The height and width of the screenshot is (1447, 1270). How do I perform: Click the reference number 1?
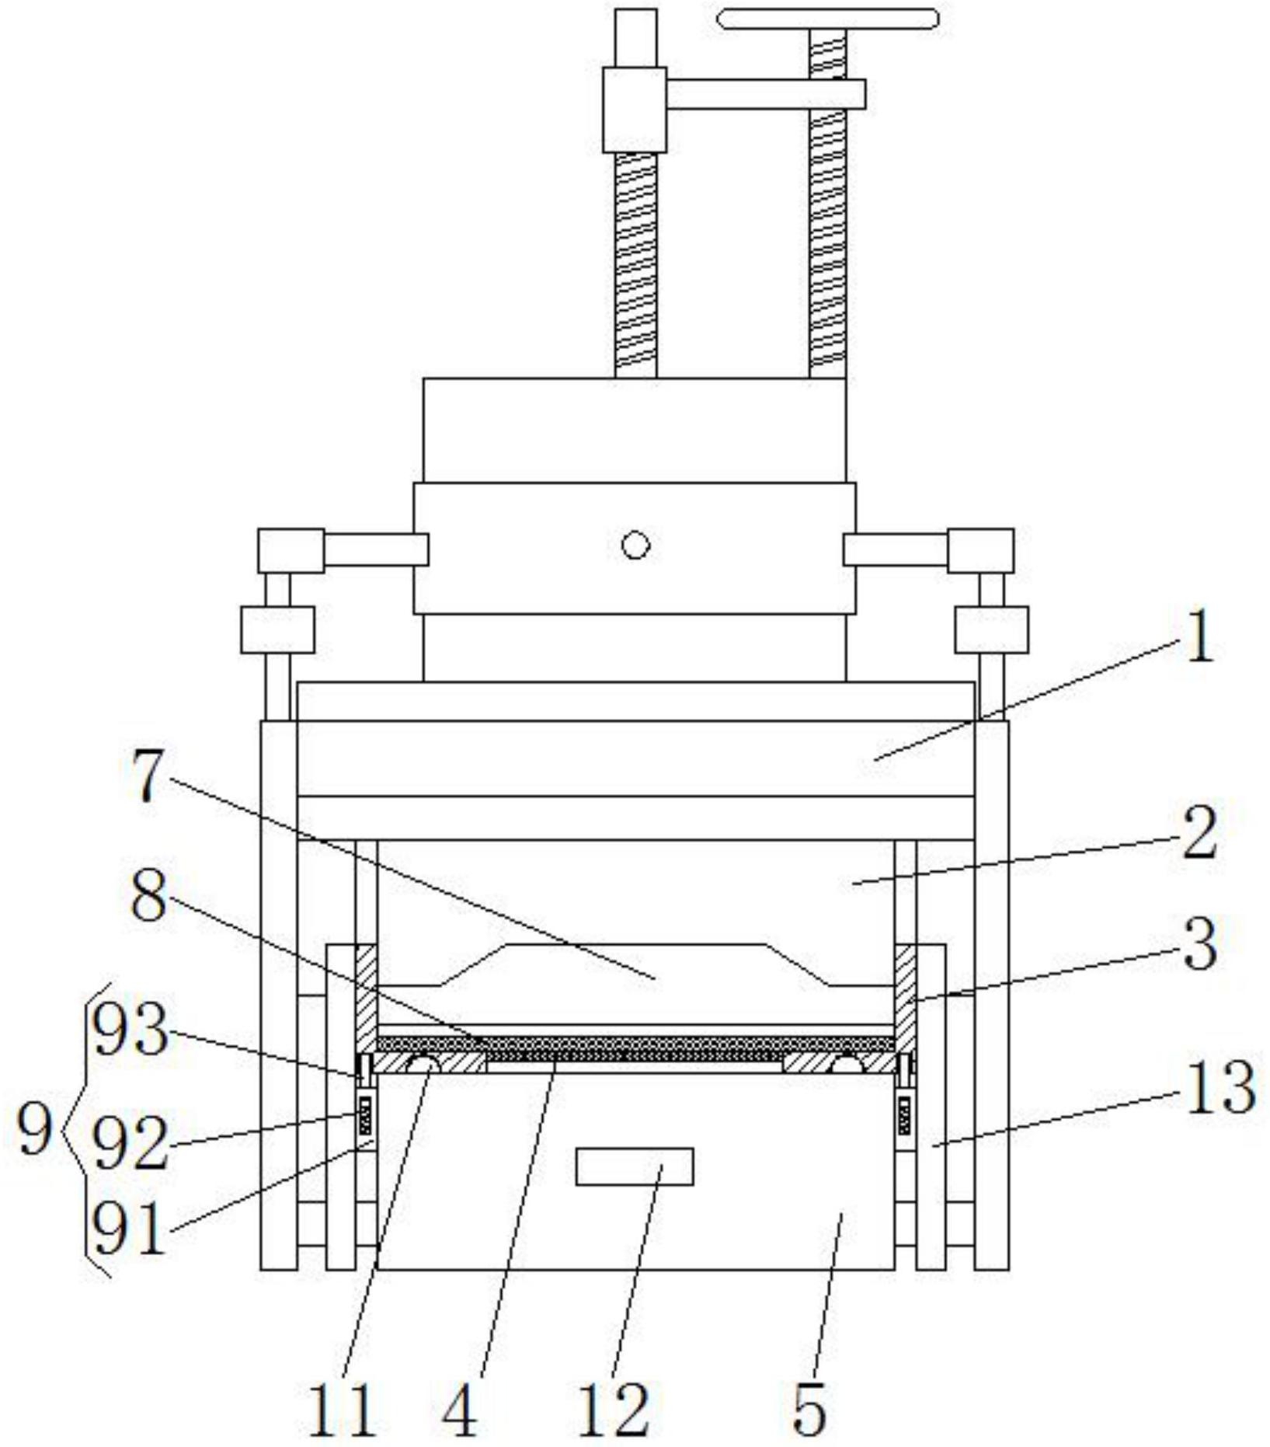(x=1200, y=636)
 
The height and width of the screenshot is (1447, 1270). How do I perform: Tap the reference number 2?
(x=1199, y=831)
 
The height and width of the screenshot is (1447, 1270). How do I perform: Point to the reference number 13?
(x=1220, y=1086)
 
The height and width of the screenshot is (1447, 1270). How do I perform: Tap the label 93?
(x=129, y=1030)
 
